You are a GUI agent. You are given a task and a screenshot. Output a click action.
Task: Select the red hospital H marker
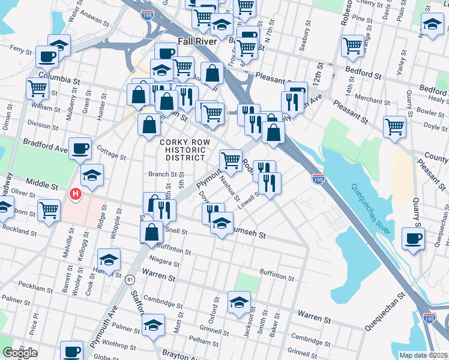click(x=76, y=194)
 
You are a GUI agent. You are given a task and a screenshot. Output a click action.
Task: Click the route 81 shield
click(x=130, y=280)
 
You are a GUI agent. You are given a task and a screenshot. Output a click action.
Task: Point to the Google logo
click(x=19, y=353)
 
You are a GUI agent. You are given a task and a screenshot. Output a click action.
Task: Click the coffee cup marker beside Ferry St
click(x=46, y=57)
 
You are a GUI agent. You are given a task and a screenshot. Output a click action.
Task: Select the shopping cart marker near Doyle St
click(x=394, y=127)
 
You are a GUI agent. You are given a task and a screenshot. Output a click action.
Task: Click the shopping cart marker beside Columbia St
click(x=37, y=89)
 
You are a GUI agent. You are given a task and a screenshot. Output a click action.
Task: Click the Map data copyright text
click(x=424, y=355)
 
